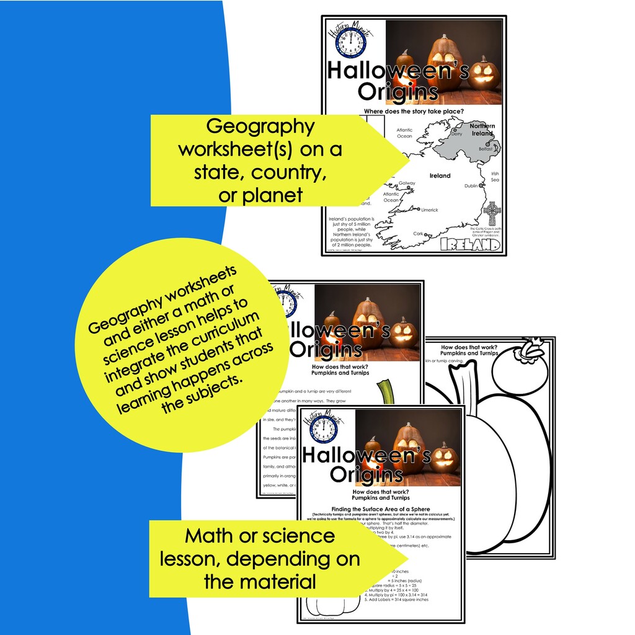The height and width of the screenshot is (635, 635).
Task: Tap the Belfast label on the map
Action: [x=485, y=149]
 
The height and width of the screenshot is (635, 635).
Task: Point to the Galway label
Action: [x=407, y=184]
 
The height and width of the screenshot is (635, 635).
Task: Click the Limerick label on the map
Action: [x=429, y=210]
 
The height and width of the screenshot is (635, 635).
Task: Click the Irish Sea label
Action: [x=495, y=177]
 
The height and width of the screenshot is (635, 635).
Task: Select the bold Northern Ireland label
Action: [x=482, y=129]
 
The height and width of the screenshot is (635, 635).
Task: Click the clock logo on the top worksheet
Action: [x=350, y=45]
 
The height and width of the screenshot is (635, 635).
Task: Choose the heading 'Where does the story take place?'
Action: [x=414, y=112]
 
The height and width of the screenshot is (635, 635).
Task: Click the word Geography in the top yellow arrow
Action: [x=260, y=127]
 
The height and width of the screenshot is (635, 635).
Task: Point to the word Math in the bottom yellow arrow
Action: [x=210, y=535]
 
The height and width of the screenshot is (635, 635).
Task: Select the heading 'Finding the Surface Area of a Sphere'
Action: [x=381, y=509]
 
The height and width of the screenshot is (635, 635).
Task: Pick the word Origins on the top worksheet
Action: [x=397, y=92]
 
